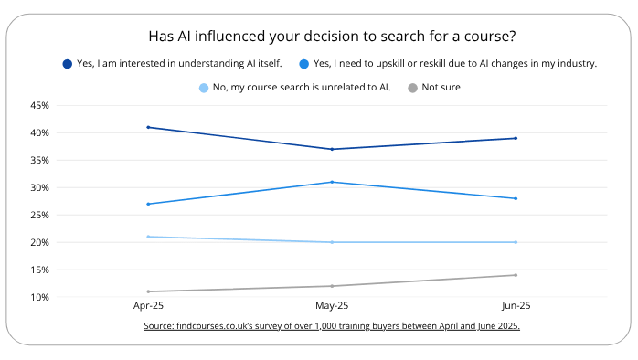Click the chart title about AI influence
pos(331,37)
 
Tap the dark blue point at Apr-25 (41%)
pos(148,127)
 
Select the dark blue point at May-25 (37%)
pos(332,149)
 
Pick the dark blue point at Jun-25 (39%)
pos(516,138)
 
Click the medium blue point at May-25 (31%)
pos(332,182)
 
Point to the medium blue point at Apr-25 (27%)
pos(148,204)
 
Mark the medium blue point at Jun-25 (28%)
pos(516,198)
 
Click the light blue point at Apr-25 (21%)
pos(148,237)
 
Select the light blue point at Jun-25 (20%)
pos(516,242)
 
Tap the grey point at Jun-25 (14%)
pos(516,275)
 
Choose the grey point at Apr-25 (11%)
pos(148,291)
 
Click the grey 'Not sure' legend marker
pos(413,88)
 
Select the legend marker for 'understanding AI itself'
pos(67,64)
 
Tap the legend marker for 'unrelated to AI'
pos(204,88)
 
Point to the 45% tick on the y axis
pos(39,106)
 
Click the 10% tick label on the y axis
pos(39,298)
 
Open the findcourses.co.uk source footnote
pos(331,326)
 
